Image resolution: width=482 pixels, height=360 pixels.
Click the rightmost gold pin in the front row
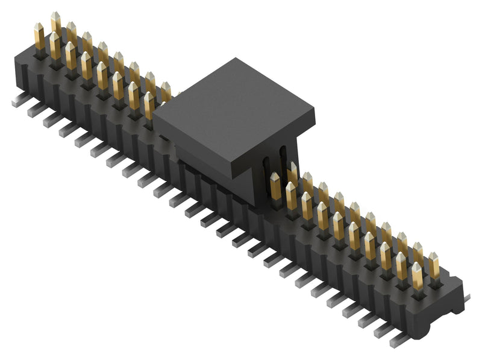tap(417, 275)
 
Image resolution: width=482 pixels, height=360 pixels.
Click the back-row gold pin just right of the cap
tap(292, 174)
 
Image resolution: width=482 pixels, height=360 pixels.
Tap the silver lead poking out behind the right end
tap(466, 297)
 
